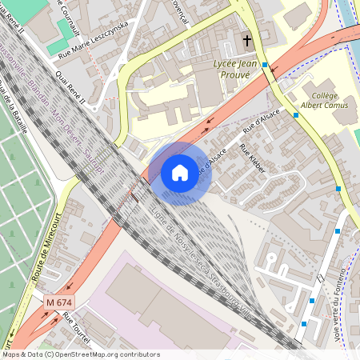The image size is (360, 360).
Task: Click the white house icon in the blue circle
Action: [x=179, y=172]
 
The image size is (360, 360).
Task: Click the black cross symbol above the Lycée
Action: [x=246, y=39]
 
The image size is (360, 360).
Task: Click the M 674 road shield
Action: [x=58, y=302]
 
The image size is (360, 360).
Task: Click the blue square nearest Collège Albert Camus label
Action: [x=296, y=115]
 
